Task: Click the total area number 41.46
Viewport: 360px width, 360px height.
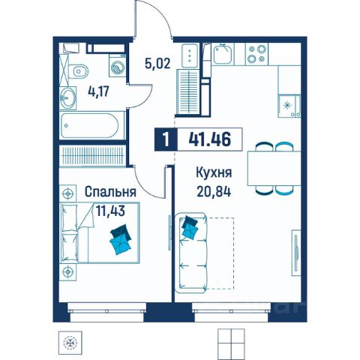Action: (209, 139)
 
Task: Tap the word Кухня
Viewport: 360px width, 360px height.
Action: (214, 172)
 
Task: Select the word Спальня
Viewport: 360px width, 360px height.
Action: (110, 192)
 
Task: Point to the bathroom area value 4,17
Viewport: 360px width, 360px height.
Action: (98, 91)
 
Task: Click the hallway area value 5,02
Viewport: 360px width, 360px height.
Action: (157, 64)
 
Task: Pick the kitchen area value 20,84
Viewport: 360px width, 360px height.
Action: (214, 192)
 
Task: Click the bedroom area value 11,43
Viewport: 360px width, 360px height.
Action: (110, 211)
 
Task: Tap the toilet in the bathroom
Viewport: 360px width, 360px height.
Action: (78, 71)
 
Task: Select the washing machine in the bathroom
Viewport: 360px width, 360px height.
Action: (117, 66)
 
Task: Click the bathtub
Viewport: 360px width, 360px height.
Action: (92, 125)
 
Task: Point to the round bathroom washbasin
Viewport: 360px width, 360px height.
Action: (67, 98)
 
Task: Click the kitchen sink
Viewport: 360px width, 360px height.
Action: (223, 54)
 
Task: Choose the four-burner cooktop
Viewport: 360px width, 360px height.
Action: (256, 54)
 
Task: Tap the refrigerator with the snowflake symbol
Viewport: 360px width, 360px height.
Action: (289, 106)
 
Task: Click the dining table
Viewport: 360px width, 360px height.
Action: (274, 169)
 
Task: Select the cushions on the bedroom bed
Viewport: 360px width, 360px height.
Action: (121, 239)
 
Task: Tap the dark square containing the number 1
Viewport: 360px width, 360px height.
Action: (166, 139)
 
